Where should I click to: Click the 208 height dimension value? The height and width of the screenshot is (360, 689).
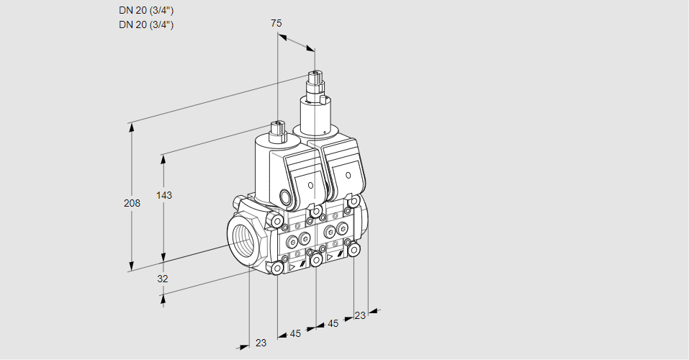pyautogui.click(x=132, y=204)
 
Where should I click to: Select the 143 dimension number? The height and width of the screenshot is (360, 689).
pyautogui.click(x=166, y=195)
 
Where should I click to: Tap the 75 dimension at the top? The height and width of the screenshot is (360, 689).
pyautogui.click(x=276, y=23)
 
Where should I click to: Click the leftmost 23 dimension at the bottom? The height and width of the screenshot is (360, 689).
pyautogui.click(x=261, y=343)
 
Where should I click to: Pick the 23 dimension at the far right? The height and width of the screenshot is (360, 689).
pyautogui.click(x=360, y=315)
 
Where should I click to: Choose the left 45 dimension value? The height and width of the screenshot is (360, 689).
pyautogui.click(x=295, y=333)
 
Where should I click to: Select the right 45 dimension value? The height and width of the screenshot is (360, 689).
pyautogui.click(x=333, y=324)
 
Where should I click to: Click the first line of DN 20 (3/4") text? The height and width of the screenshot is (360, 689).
pyautogui.click(x=146, y=11)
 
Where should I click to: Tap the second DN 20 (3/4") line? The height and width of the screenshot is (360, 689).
pyautogui.click(x=146, y=24)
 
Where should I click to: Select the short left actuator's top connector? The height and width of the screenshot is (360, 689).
pyautogui.click(x=278, y=131)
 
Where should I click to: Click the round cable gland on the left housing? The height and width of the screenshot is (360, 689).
pyautogui.click(x=284, y=197)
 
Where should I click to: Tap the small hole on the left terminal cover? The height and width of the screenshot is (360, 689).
pyautogui.click(x=310, y=186)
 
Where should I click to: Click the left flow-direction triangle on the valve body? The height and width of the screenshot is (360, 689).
pyautogui.click(x=292, y=266)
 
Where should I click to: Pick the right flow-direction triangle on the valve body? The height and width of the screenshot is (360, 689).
pyautogui.click(x=330, y=256)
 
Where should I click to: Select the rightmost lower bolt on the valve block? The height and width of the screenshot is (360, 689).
pyautogui.click(x=353, y=249)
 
